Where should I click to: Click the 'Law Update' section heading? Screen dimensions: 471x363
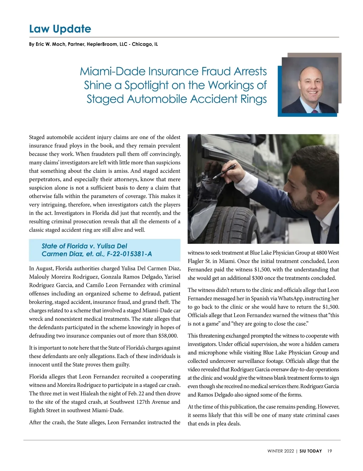(60, 29)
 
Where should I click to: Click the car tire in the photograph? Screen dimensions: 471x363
(224, 218)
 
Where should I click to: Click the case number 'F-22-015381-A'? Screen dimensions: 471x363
(129, 254)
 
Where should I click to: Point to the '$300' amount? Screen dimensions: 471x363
(258, 278)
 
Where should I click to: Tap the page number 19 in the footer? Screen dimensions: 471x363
(329, 451)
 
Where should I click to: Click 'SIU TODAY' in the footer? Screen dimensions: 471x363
(311, 451)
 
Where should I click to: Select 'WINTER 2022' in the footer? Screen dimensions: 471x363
(280, 451)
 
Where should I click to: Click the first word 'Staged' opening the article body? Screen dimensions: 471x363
(37, 137)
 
